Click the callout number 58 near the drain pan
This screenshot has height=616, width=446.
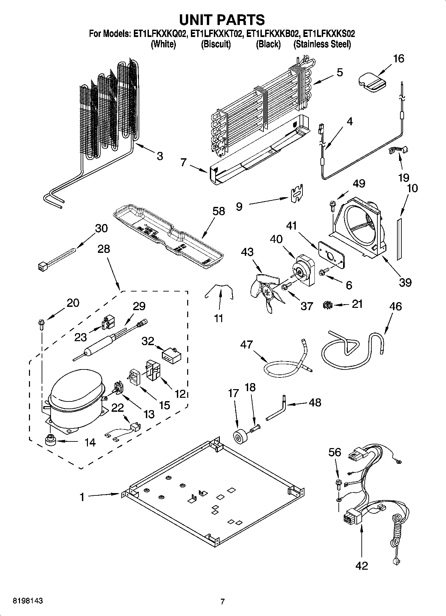pos(219,211)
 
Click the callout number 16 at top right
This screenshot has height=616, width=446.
pos(398,59)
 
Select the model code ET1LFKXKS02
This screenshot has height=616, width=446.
pos(329,34)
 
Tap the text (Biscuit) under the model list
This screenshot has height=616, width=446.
pos(216,44)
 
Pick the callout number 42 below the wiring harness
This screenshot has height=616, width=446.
pos(362,565)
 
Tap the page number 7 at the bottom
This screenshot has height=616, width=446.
pos(223,601)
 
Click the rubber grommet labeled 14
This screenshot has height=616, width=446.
pos(51,441)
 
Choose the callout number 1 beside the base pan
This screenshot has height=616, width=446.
pos(82,497)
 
